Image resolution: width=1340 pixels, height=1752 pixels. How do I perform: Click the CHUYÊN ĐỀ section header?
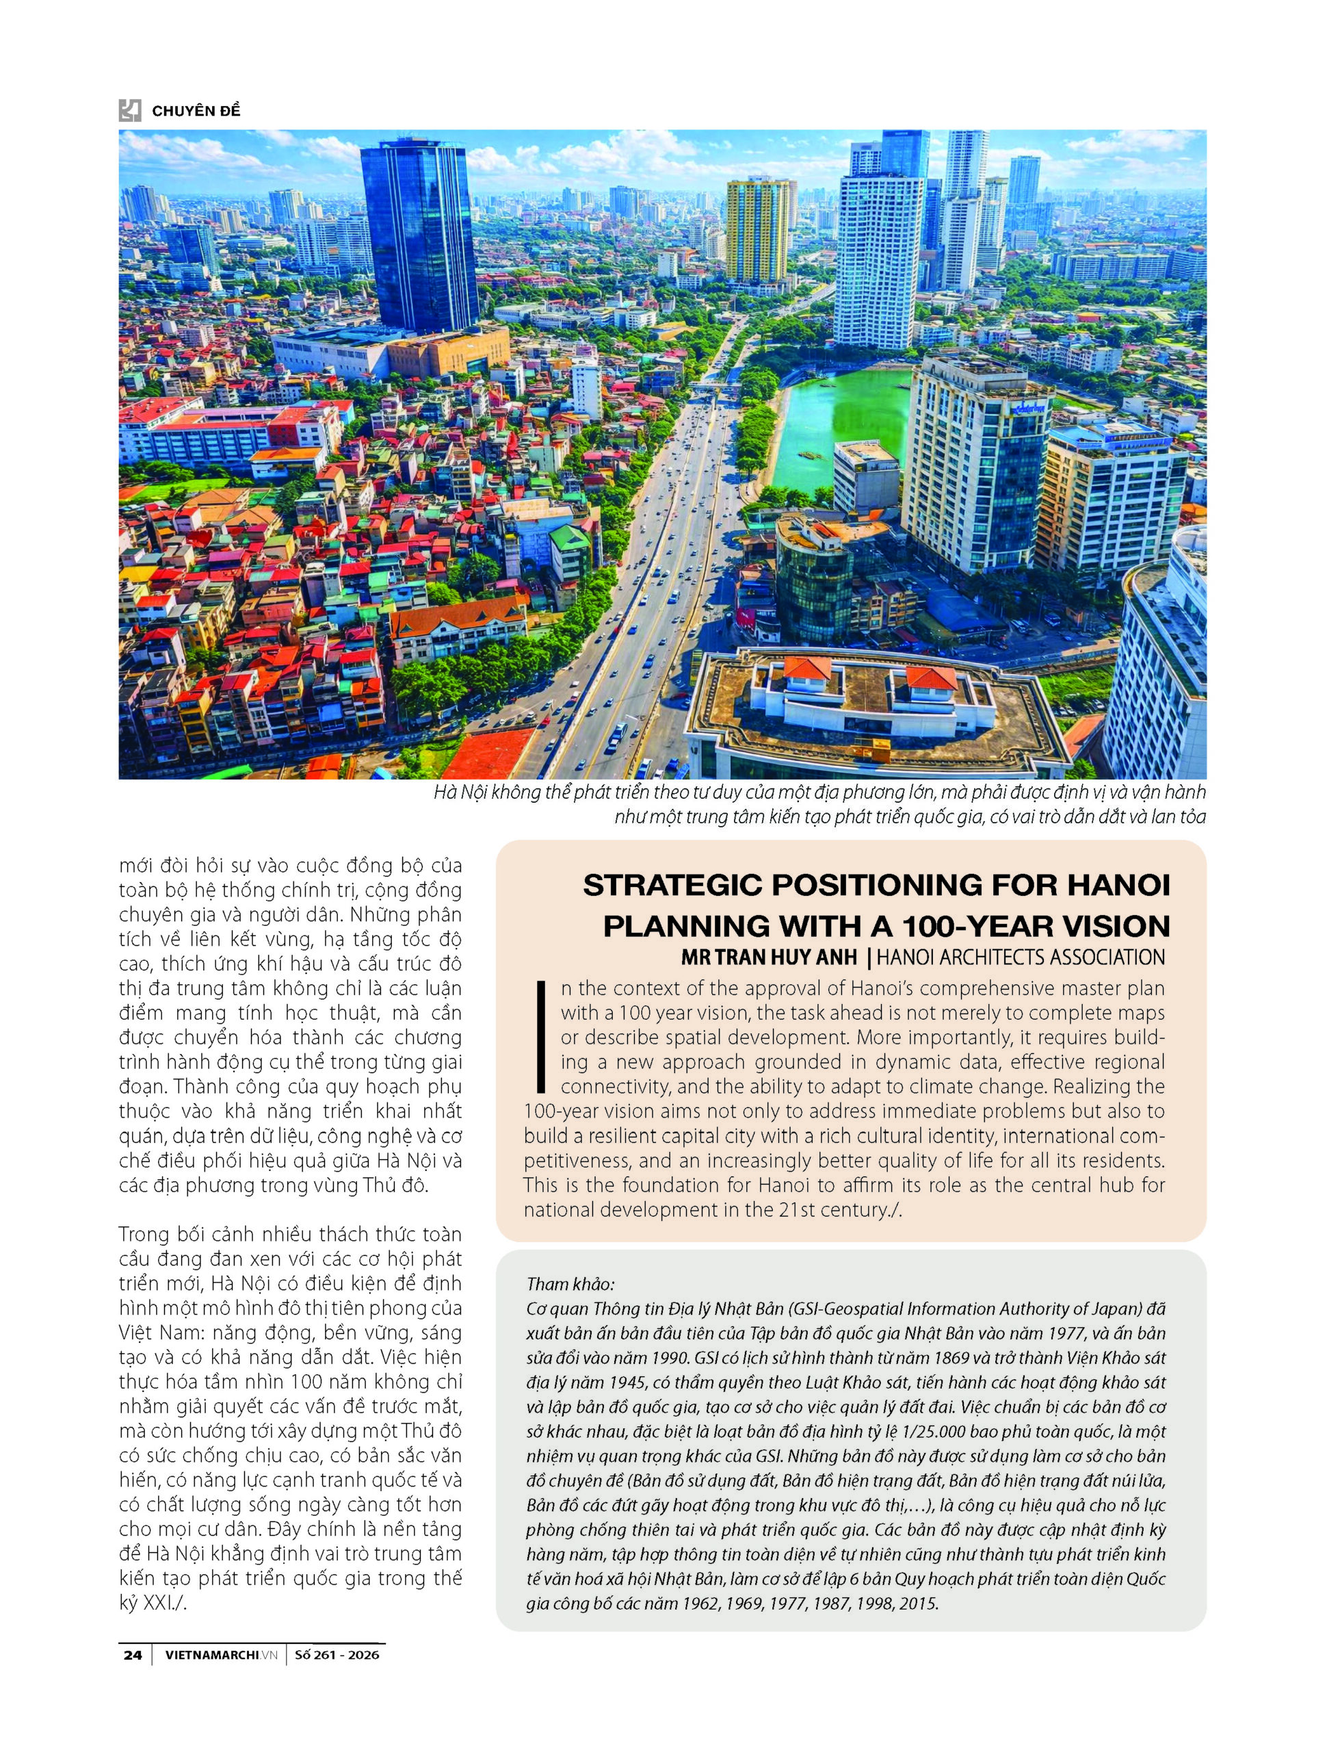click(196, 111)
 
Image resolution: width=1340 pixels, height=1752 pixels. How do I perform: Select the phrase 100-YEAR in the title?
click(966, 926)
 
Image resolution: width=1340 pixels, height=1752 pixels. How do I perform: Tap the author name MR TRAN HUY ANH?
click(769, 957)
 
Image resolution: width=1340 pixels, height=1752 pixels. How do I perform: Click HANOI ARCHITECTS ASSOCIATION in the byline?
click(1021, 957)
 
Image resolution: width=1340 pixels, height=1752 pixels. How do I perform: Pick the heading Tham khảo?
click(570, 1285)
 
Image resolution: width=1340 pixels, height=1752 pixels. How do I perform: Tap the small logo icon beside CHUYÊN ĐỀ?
click(130, 110)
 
